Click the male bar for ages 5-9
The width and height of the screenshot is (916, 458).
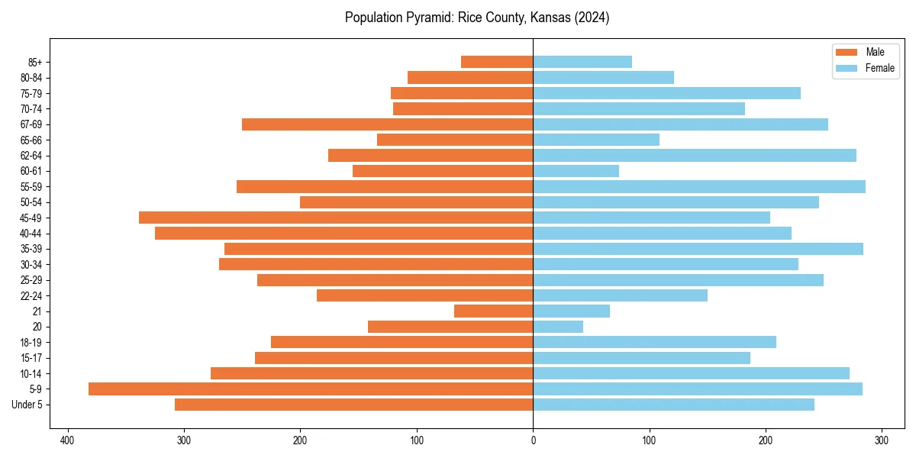tap(311, 389)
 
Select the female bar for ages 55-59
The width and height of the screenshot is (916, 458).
tap(699, 187)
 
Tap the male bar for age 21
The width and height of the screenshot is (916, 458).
tap(493, 311)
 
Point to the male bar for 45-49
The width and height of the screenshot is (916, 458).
tap(336, 218)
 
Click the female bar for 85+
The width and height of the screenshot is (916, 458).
tap(582, 62)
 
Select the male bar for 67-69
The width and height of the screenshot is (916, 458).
tap(387, 124)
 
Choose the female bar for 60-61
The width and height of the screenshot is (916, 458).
tap(576, 171)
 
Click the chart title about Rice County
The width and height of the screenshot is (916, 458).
tap(477, 18)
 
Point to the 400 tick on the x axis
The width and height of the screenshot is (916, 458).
tap(67, 440)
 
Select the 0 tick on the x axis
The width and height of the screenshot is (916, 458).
tap(533, 440)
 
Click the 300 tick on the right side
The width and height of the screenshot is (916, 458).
tap(882, 440)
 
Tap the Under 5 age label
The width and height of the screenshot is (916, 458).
tap(27, 405)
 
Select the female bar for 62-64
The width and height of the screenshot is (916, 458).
tap(695, 156)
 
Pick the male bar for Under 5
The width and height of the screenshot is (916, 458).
tap(353, 405)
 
